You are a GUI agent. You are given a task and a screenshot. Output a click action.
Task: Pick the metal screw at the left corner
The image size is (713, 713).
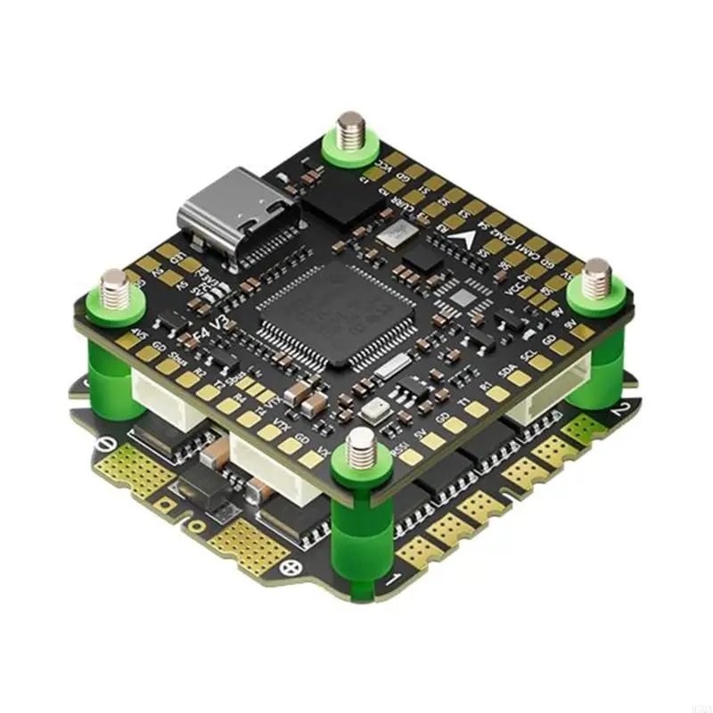(114, 283)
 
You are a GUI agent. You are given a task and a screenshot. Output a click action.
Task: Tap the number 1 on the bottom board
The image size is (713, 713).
(391, 580)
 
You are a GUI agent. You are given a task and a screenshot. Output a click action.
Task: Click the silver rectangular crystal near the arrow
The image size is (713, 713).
(393, 234)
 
